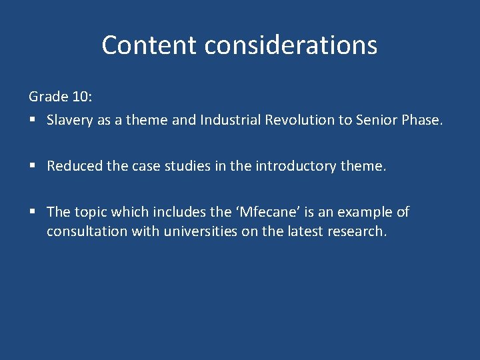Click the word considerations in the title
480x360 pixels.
pos(291,45)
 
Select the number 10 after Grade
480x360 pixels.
pos(81,97)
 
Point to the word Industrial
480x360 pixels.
pos(228,120)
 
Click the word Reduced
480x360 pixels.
pos(73,166)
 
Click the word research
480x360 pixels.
pos(359,232)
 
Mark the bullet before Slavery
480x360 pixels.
pos(32,121)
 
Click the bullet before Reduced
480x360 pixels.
pos(32,167)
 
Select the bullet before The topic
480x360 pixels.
pos(32,213)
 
